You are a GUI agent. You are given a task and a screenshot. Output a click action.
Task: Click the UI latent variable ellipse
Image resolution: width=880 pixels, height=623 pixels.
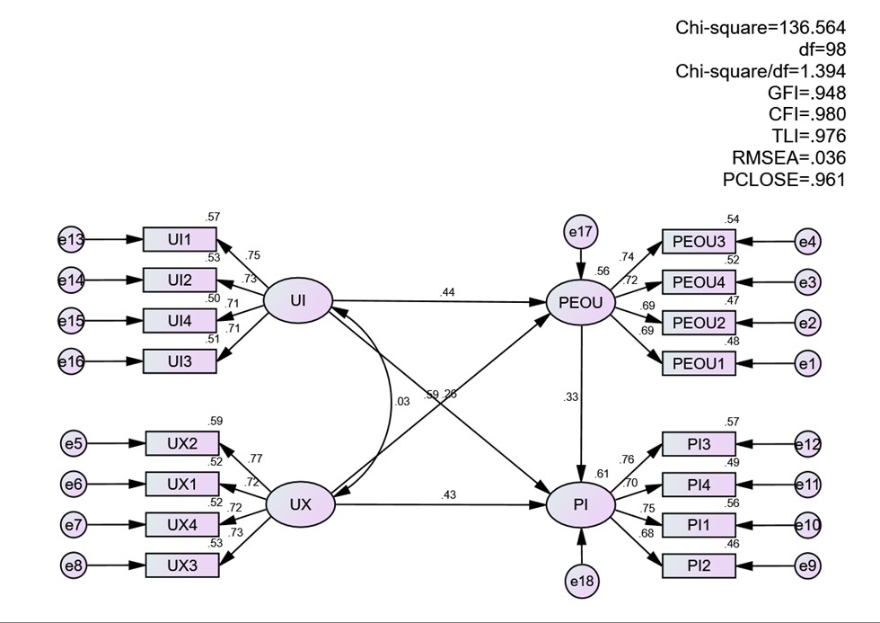pyautogui.click(x=298, y=300)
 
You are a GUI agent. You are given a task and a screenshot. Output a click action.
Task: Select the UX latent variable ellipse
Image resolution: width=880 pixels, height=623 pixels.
pyautogui.click(x=300, y=504)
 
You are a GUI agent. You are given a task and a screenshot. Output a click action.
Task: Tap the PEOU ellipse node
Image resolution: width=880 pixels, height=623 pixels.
pyautogui.click(x=581, y=303)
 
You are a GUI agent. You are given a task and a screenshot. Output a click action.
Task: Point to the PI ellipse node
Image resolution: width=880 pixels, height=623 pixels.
pyautogui.click(x=581, y=505)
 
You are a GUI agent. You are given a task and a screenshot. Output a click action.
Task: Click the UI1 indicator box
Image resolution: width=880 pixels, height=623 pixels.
pyautogui.click(x=180, y=240)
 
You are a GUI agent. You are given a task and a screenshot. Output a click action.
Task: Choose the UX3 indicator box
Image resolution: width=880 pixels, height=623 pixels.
pyautogui.click(x=182, y=565)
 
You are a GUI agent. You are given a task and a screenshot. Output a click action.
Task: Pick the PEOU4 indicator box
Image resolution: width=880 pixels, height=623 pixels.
pyautogui.click(x=699, y=282)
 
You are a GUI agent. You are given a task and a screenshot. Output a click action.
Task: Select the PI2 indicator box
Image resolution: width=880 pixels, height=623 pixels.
pyautogui.click(x=699, y=565)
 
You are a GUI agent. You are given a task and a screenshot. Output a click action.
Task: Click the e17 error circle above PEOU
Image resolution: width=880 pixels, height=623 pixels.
pyautogui.click(x=581, y=231)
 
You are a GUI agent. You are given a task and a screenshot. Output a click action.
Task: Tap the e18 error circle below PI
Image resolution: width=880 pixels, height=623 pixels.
pyautogui.click(x=582, y=582)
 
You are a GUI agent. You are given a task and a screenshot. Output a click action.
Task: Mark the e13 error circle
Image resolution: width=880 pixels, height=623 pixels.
pyautogui.click(x=71, y=240)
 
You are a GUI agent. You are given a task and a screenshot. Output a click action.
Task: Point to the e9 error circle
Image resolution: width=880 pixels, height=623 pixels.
pyautogui.click(x=807, y=565)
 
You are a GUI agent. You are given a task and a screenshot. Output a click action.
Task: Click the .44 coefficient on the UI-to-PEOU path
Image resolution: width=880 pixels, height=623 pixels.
pyautogui.click(x=447, y=293)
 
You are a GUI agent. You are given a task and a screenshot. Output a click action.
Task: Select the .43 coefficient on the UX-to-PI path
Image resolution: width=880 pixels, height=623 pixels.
pyautogui.click(x=448, y=495)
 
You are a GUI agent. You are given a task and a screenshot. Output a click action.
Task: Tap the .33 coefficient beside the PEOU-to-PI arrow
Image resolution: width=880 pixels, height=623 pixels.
pyautogui.click(x=570, y=397)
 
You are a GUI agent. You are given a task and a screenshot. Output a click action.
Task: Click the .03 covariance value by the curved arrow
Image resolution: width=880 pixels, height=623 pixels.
pyautogui.click(x=402, y=402)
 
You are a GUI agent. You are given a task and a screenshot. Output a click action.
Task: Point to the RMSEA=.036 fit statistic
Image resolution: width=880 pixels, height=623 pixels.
pyautogui.click(x=788, y=158)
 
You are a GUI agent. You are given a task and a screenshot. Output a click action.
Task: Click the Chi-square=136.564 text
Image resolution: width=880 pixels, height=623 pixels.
pyautogui.click(x=761, y=28)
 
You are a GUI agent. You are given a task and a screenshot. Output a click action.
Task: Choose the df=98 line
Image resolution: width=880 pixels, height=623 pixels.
pyautogui.click(x=823, y=49)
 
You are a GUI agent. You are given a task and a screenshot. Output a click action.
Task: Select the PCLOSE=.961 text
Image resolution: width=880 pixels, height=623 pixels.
pyautogui.click(x=783, y=179)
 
